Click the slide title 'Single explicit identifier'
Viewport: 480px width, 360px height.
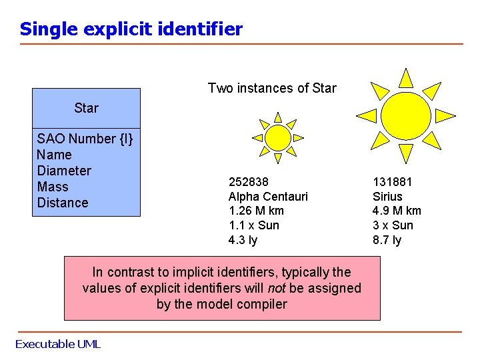tap(131, 29)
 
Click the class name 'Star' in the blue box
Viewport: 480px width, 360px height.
tap(87, 108)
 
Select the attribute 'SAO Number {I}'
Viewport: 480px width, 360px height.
tap(85, 139)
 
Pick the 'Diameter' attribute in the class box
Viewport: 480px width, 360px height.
tap(64, 171)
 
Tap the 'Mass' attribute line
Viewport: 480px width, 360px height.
tap(53, 187)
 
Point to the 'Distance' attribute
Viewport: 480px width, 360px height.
tap(63, 203)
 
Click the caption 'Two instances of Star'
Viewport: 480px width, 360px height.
tap(272, 88)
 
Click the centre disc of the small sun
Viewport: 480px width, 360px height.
tap(278, 138)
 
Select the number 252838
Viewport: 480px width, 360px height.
tap(249, 181)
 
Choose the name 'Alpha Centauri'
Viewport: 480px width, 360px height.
tap(268, 196)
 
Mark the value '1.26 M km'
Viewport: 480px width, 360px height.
tap(256, 211)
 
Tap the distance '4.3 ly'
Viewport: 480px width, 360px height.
tap(243, 240)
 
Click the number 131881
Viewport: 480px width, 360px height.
tap(393, 181)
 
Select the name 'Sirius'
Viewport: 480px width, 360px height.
tap(387, 196)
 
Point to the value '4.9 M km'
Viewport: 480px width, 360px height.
tap(397, 211)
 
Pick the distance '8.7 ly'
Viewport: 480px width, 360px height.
tap(387, 240)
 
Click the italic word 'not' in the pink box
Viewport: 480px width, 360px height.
tap(277, 288)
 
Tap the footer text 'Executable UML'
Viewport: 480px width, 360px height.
tap(58, 344)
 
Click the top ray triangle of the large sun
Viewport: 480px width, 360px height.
tap(406, 79)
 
